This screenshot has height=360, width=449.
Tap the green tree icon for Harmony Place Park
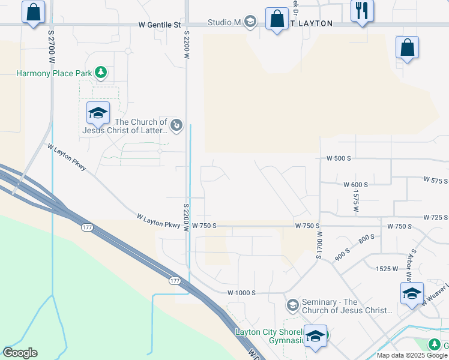point(102,73)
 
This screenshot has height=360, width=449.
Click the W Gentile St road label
point(159,25)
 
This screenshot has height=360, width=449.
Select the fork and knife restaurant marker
point(363,11)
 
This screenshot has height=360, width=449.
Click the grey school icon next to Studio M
point(250,22)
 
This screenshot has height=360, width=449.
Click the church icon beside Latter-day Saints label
point(176,125)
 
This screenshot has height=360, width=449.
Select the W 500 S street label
point(339,158)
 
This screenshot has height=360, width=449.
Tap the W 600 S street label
point(355,185)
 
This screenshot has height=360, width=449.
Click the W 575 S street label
point(436,180)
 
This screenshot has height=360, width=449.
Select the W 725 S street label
point(436,217)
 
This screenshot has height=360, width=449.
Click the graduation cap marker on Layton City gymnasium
point(315,337)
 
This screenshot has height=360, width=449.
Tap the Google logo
point(20,353)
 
